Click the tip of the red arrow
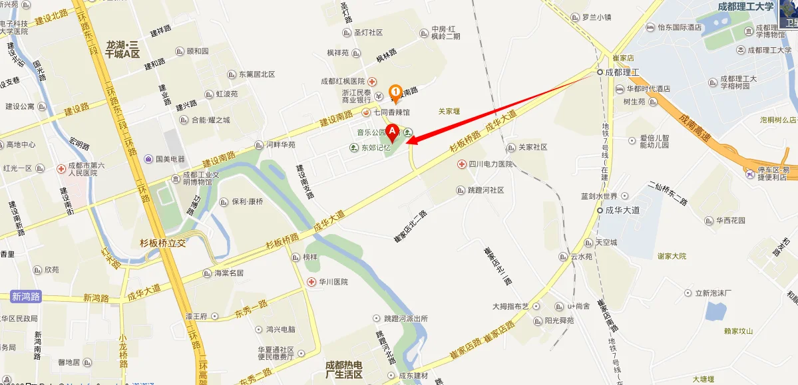[x=407, y=140]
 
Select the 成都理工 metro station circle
[x=600, y=72]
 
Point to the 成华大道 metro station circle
[x=599, y=210]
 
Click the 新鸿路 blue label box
[x=26, y=297]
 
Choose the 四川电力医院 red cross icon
[x=461, y=164]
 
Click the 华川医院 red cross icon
[x=311, y=282]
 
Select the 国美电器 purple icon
[x=148, y=159]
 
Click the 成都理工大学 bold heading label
[x=745, y=7]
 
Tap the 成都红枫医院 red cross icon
[x=373, y=81]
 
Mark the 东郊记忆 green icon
[x=353, y=147]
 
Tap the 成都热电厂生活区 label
[x=343, y=370]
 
